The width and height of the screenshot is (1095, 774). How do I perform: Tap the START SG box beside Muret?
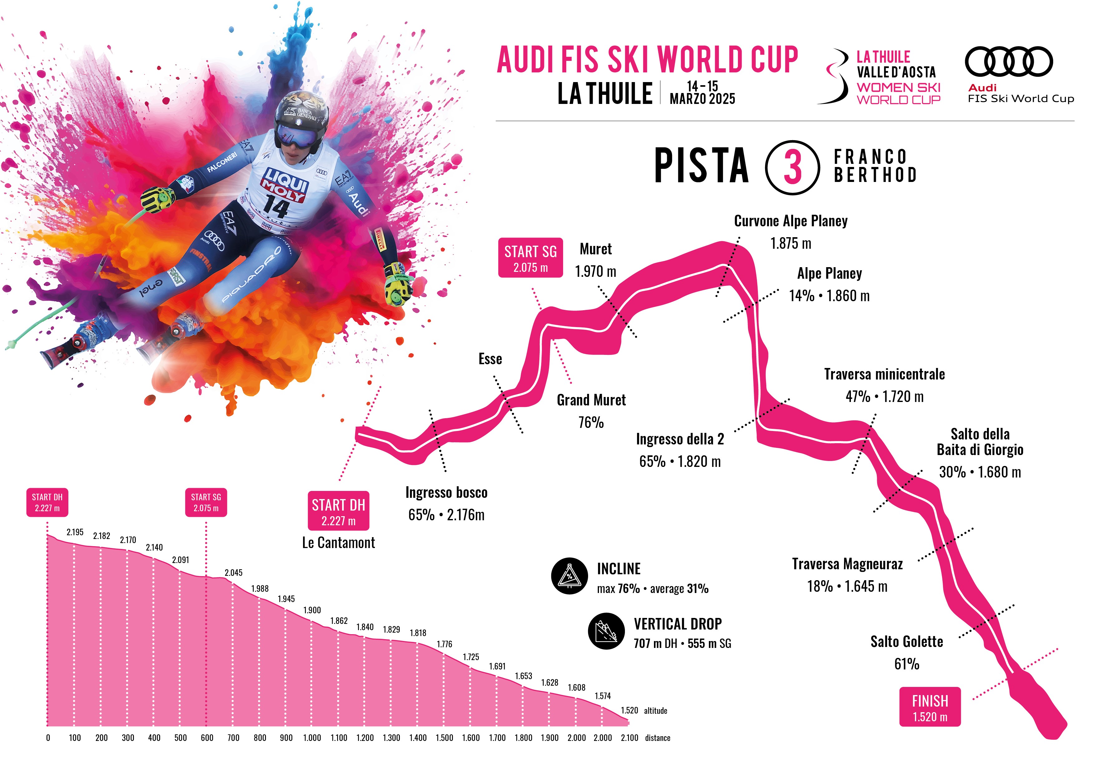coord(530,257)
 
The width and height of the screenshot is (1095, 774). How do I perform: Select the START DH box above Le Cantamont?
coord(338,511)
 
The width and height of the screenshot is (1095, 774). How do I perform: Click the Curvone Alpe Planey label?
coord(791,221)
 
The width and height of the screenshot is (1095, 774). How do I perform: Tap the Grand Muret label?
coord(591,400)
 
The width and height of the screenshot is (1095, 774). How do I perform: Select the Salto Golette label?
coord(906,642)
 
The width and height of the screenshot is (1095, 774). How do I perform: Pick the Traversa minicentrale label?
coord(884,375)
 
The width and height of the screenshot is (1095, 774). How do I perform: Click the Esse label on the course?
coord(490,359)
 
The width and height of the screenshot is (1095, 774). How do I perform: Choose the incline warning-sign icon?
coord(569,576)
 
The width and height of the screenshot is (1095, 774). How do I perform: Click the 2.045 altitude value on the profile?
coord(233,573)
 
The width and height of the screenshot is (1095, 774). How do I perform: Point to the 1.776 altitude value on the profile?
coord(444,644)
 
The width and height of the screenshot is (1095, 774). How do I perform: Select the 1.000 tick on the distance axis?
coord(312,738)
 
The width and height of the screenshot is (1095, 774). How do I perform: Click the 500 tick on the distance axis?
coord(180,738)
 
